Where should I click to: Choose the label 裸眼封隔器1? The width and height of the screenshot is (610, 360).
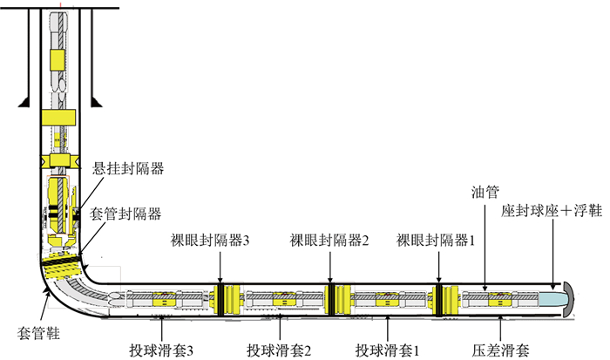click(436, 241)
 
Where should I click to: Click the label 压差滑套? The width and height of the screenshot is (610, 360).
click(502, 350)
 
